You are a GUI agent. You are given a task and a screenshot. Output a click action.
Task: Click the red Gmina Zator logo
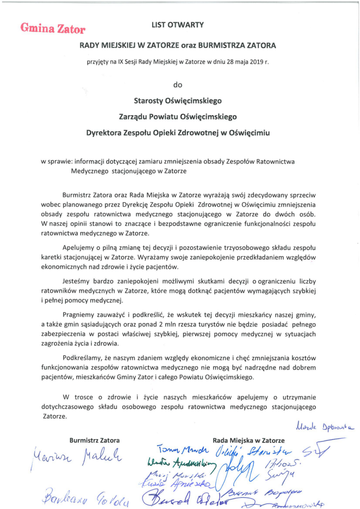coord(53,29)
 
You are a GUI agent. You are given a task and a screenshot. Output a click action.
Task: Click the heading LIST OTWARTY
coord(178,24)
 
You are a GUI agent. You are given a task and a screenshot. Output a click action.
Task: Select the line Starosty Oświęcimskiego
coord(178,101)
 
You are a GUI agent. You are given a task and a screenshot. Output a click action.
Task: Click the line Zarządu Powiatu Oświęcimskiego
coord(178,117)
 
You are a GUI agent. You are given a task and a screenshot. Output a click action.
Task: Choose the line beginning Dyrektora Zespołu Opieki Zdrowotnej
coord(178,132)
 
